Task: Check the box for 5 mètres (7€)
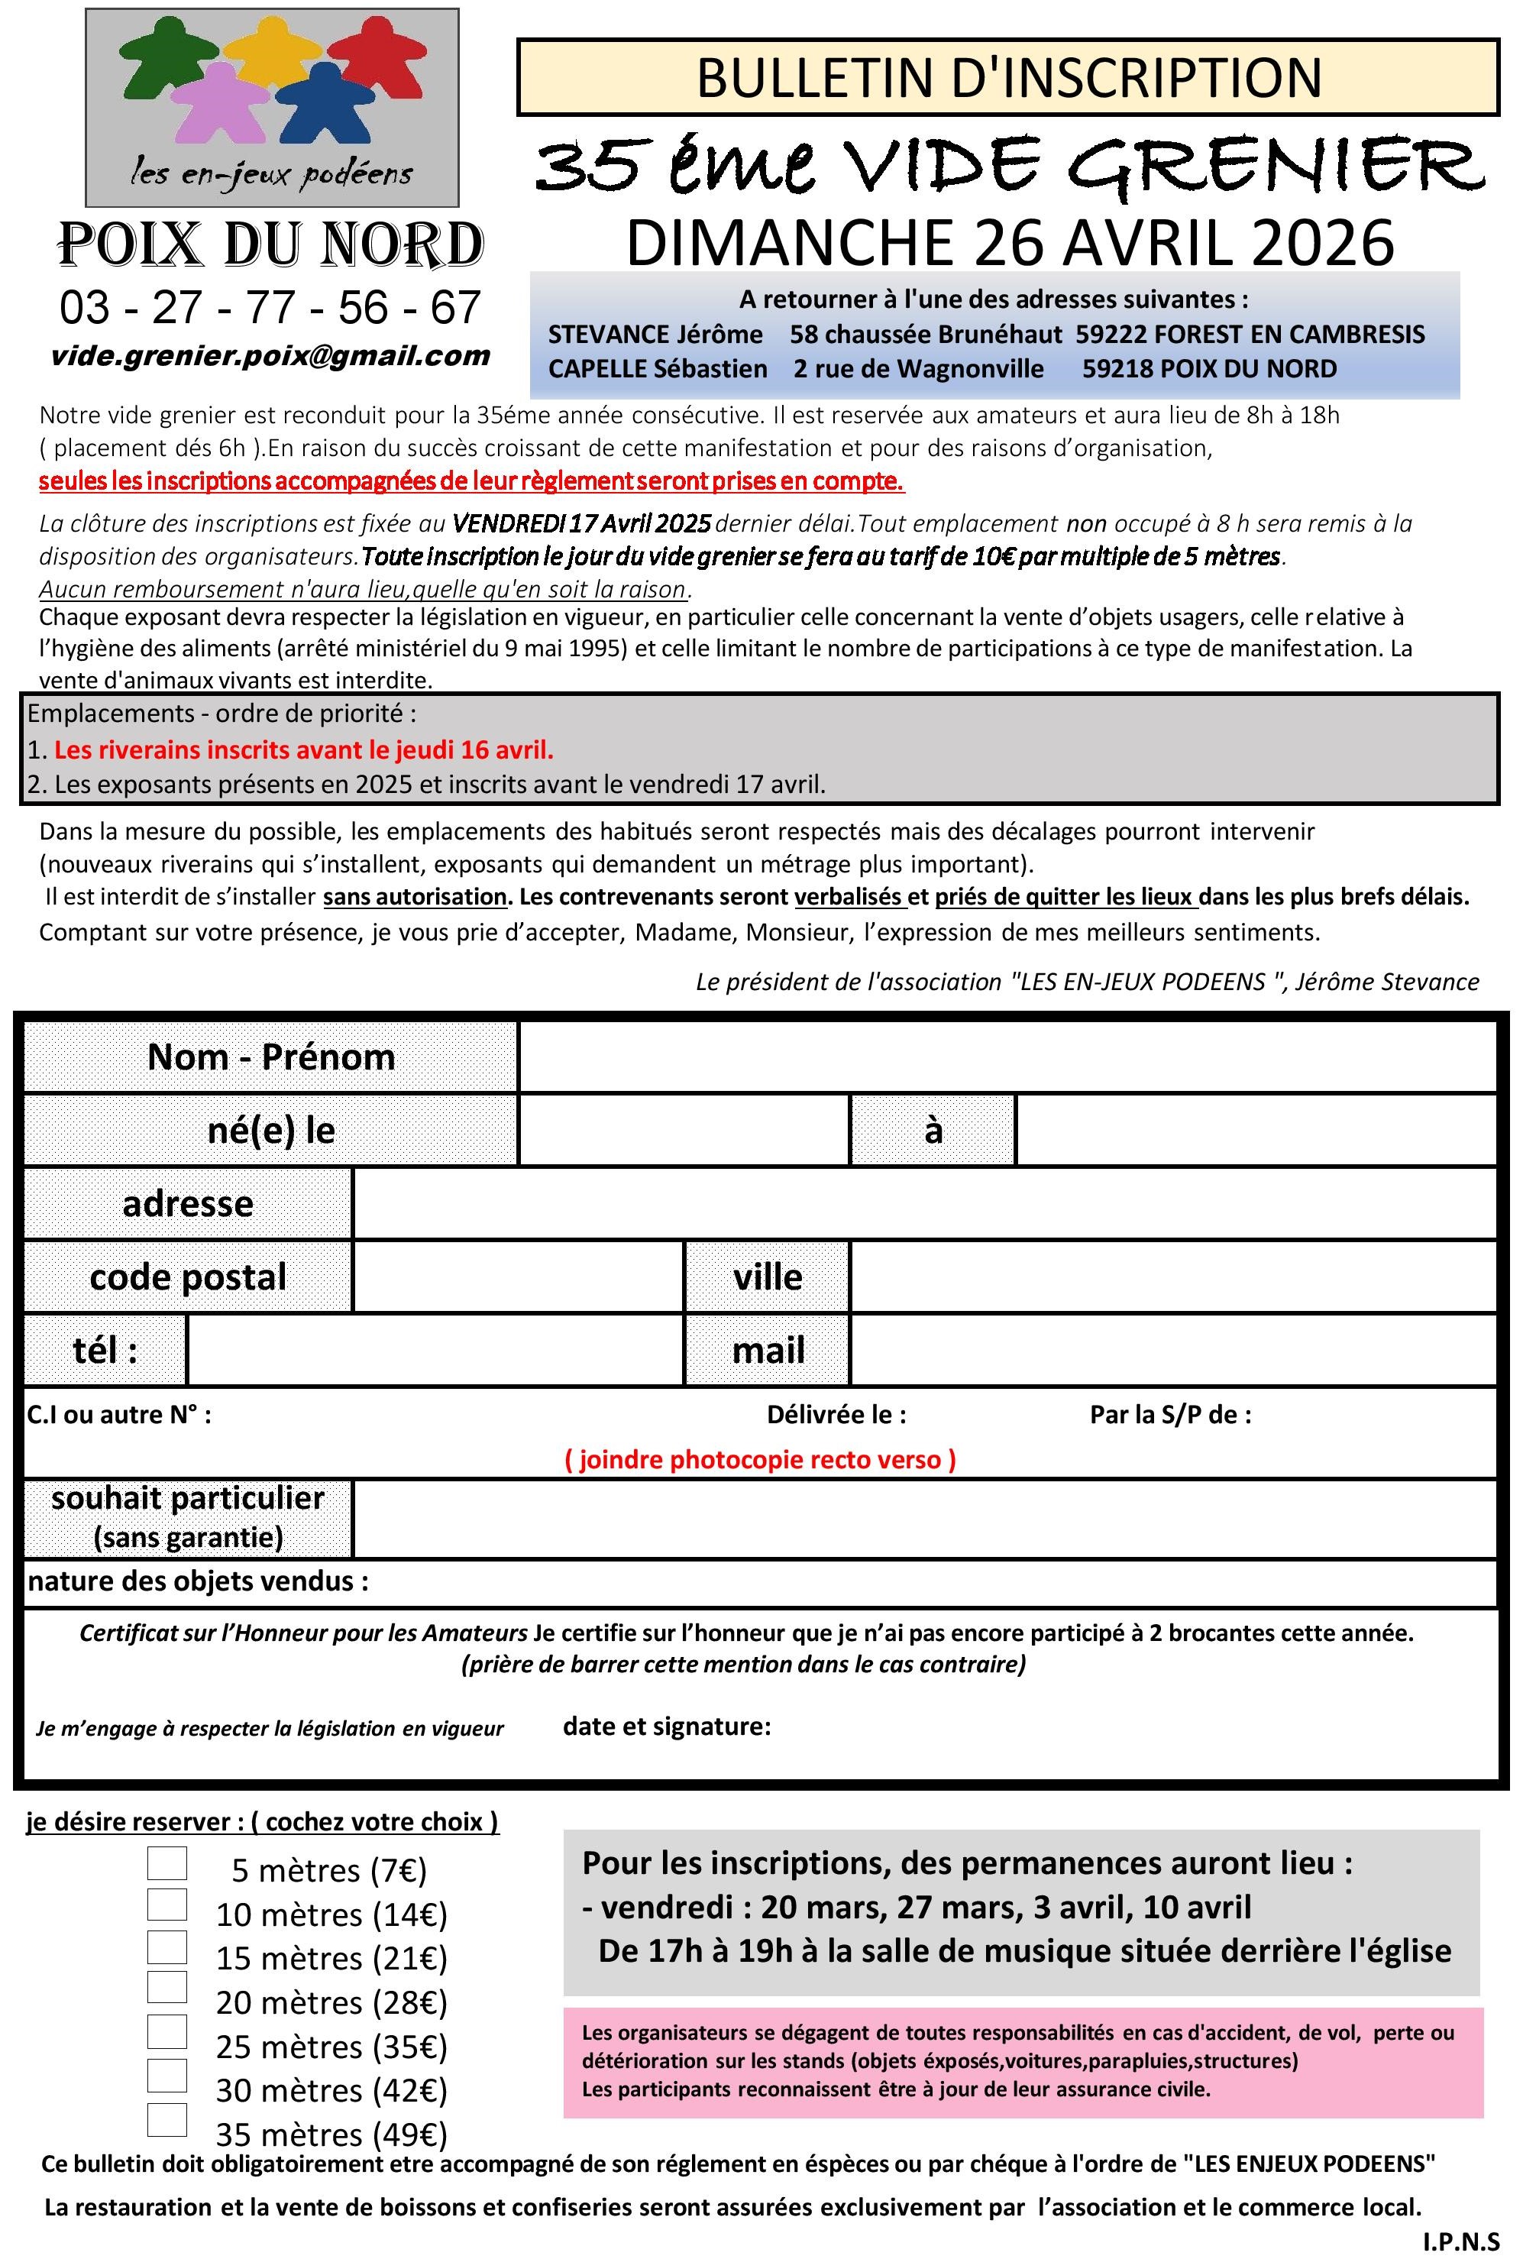pos(167,1862)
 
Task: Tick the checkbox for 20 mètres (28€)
pos(167,1986)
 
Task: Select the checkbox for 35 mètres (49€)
pos(167,2118)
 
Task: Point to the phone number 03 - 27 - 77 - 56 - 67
pos(270,308)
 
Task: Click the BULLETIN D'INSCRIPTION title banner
pos(1008,78)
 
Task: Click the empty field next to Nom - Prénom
pos(1007,1057)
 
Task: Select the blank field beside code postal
pos(518,1276)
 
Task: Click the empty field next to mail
pos(1172,1350)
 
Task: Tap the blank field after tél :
pos(434,1350)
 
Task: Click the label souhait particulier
pos(187,1497)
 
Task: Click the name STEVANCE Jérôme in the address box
pos(655,334)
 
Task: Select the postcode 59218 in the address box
pos(1113,369)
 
